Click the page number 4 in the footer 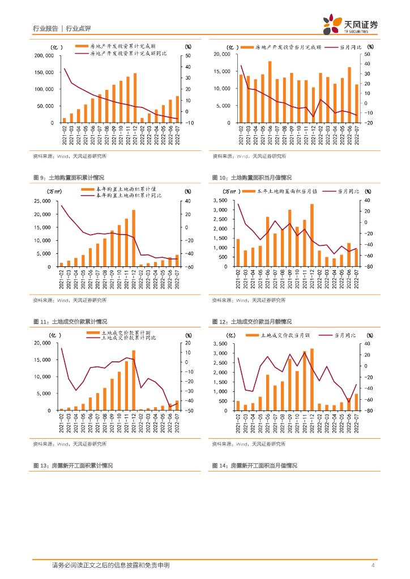click(x=372, y=565)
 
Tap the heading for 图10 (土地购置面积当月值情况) click(x=251, y=178)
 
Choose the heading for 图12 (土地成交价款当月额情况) click(x=252, y=322)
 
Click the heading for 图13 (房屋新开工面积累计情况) click(x=73, y=465)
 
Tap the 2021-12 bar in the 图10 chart click(x=312, y=235)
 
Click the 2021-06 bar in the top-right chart click(x=270, y=92)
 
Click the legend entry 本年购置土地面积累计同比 click(x=128, y=195)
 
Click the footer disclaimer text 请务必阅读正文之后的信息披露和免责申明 click(x=110, y=565)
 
